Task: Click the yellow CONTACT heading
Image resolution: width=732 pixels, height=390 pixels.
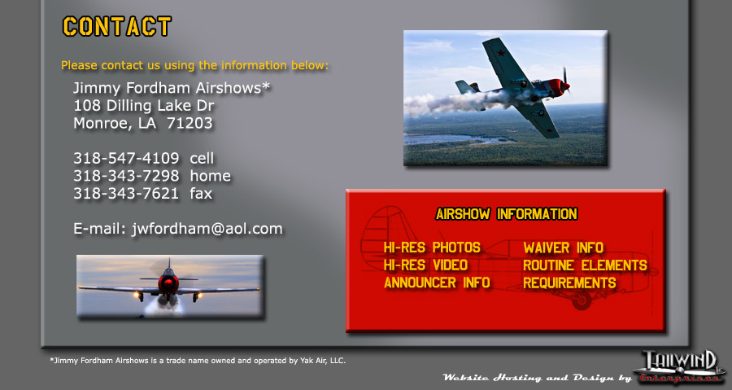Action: [x=116, y=27]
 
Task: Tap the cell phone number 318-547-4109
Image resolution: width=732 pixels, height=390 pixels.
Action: [x=126, y=158]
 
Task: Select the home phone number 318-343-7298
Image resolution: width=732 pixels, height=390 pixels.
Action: [x=126, y=176]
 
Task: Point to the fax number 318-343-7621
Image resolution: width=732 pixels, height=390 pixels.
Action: [x=126, y=194]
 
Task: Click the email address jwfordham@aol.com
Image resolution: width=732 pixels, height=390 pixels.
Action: [x=207, y=229]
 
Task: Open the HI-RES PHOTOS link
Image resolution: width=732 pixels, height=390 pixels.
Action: [x=432, y=248]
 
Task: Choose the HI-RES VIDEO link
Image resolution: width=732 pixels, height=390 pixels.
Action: [x=425, y=265]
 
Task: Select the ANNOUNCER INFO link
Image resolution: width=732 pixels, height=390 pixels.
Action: [x=437, y=283]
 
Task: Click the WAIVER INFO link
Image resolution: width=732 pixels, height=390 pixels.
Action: [x=563, y=248]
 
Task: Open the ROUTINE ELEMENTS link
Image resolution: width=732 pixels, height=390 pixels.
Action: [x=585, y=265]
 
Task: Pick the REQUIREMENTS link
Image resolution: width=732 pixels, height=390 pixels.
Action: [x=569, y=283]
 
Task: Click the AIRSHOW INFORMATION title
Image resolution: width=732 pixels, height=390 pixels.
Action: [x=507, y=214]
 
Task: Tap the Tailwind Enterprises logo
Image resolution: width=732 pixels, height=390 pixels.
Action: [x=679, y=366]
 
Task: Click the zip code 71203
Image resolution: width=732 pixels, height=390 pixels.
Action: [x=190, y=123]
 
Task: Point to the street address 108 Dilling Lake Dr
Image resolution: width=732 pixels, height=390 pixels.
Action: [x=144, y=106]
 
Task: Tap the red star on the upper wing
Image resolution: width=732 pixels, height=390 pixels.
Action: [x=501, y=53]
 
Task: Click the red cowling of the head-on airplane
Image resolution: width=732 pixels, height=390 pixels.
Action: [x=168, y=283]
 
